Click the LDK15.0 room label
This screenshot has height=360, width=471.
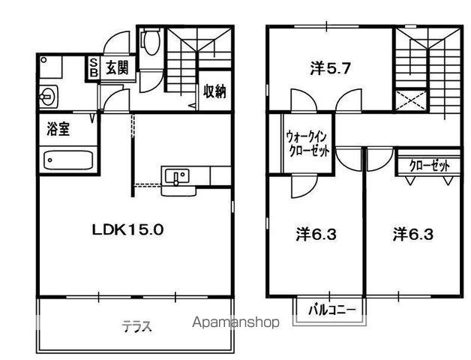click(x=127, y=230)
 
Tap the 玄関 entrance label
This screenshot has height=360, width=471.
click(x=117, y=67)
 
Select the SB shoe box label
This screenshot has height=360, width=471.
click(x=94, y=67)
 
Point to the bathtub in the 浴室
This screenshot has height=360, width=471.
click(x=68, y=160)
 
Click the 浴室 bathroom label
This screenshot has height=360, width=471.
click(x=58, y=129)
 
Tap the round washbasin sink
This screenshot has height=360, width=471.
click(x=48, y=96)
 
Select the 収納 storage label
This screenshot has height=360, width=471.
click(x=214, y=91)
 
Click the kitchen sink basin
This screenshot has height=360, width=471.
click(x=177, y=175)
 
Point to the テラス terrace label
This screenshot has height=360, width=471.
click(x=136, y=326)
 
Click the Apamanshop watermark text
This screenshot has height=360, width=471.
click(x=235, y=322)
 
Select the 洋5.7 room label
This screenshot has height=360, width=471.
click(x=331, y=69)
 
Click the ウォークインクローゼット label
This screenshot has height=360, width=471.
click(x=307, y=144)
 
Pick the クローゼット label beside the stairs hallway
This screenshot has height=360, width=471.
click(x=430, y=165)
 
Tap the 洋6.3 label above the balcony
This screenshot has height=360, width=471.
click(x=316, y=234)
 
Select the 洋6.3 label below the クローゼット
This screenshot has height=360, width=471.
click(x=413, y=234)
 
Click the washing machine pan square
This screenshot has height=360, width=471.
click(x=51, y=67)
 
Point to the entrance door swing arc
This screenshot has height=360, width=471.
click(x=114, y=42)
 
